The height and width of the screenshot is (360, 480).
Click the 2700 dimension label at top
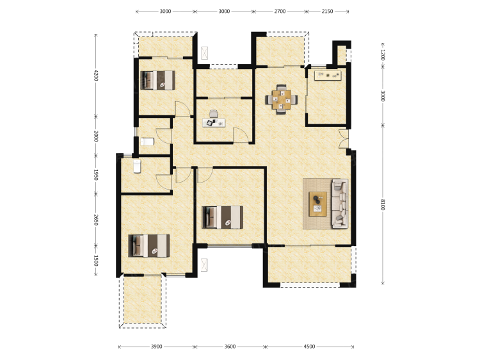pos(280,12)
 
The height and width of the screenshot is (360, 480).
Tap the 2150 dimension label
pos(327,12)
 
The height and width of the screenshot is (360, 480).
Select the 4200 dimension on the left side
pos(96,76)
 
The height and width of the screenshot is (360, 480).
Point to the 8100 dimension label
pos(383,204)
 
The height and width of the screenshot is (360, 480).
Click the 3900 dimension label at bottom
pos(156,347)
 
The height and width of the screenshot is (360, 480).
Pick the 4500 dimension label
pos(309,347)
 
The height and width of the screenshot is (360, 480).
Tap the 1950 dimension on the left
pos(96,175)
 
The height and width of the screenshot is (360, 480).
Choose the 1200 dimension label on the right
pos(383,55)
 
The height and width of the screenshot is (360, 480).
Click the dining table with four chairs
pos(282,99)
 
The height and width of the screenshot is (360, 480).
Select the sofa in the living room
pos(340,204)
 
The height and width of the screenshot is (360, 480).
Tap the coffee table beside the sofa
pos(317,204)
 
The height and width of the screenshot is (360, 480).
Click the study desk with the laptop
pos(214,123)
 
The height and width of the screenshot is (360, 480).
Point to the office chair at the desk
pos(214,114)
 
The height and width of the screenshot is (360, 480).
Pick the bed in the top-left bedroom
pos(157,80)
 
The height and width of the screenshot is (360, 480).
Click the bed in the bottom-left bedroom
pos(148,246)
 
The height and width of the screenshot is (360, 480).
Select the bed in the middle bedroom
pos(223,217)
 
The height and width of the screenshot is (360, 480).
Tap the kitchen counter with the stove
pos(328,76)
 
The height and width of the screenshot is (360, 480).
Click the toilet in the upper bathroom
pos(147,142)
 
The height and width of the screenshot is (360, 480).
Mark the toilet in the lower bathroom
pos(137,167)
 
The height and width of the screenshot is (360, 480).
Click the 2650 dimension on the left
pos(96,220)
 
